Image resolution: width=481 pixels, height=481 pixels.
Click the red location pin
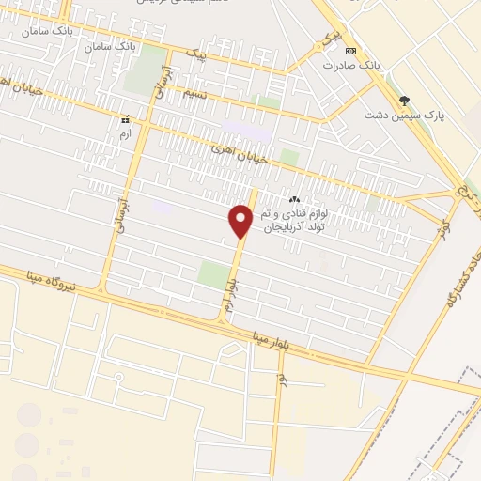(x=241, y=220)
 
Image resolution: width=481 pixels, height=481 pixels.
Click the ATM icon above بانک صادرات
(x=350, y=51)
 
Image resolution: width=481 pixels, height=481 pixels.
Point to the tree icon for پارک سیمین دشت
(x=406, y=100)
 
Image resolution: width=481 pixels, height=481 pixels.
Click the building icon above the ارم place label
(x=125, y=119)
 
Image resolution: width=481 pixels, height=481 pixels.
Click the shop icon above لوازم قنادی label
(x=294, y=199)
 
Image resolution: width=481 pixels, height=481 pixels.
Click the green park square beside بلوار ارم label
(x=214, y=275)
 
